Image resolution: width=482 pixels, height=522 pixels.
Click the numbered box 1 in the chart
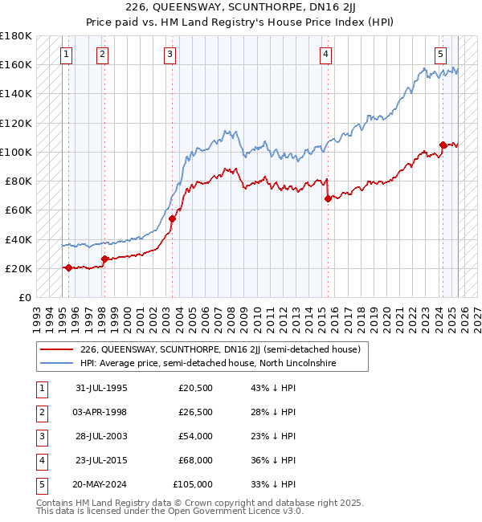pyautogui.click(x=65, y=55)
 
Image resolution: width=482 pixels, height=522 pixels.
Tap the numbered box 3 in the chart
pyautogui.click(x=170, y=55)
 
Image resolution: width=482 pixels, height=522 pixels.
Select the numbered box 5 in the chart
pyautogui.click(x=441, y=55)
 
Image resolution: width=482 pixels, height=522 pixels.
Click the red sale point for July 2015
pyautogui.click(x=328, y=198)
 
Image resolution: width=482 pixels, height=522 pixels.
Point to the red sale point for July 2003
pyautogui.click(x=172, y=218)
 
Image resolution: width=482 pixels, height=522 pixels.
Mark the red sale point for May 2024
pyautogui.click(x=443, y=145)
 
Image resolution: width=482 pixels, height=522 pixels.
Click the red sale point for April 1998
pyautogui.click(x=104, y=259)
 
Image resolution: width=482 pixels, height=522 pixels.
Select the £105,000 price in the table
pyautogui.click(x=193, y=484)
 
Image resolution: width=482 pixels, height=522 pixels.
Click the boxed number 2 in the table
pyautogui.click(x=39, y=412)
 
